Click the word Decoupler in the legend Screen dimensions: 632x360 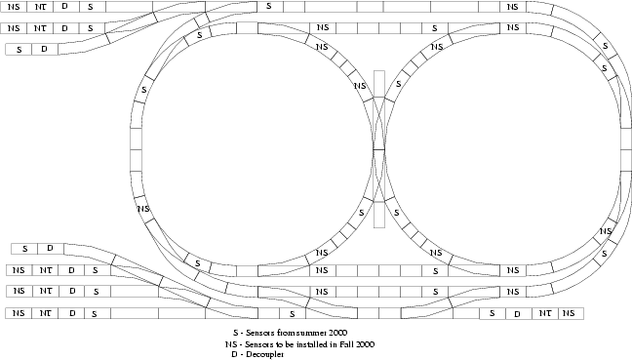(x=265, y=354)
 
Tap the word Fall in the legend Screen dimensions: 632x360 (x=345, y=344)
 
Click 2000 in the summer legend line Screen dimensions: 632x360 (x=337, y=333)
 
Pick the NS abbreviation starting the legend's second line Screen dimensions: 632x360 (x=231, y=344)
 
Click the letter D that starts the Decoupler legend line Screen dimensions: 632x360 (x=235, y=354)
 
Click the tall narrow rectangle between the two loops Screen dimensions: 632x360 (x=379, y=149)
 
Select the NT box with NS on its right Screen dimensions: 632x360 (x=545, y=313)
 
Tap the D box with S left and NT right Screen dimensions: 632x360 (x=519, y=313)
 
